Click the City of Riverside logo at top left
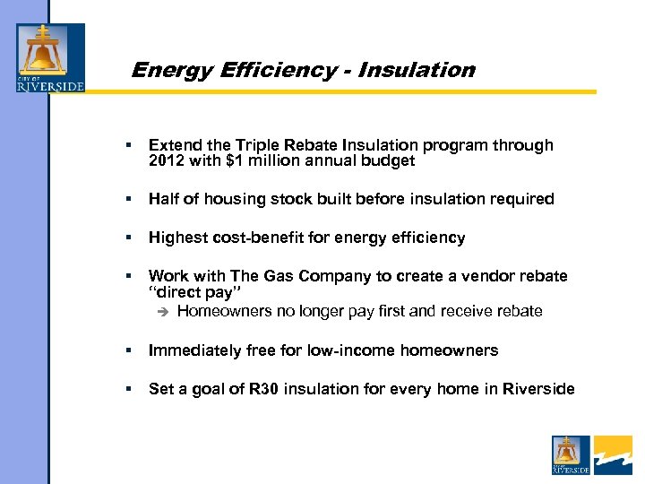click(x=51, y=59)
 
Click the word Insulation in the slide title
click(x=416, y=70)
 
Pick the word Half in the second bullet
click(x=163, y=199)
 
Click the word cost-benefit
click(x=256, y=238)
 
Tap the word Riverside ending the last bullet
click(x=538, y=389)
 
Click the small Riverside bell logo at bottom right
click(x=571, y=454)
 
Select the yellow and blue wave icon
click(x=613, y=454)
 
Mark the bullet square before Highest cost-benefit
click(x=130, y=238)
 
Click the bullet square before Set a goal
click(x=130, y=389)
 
